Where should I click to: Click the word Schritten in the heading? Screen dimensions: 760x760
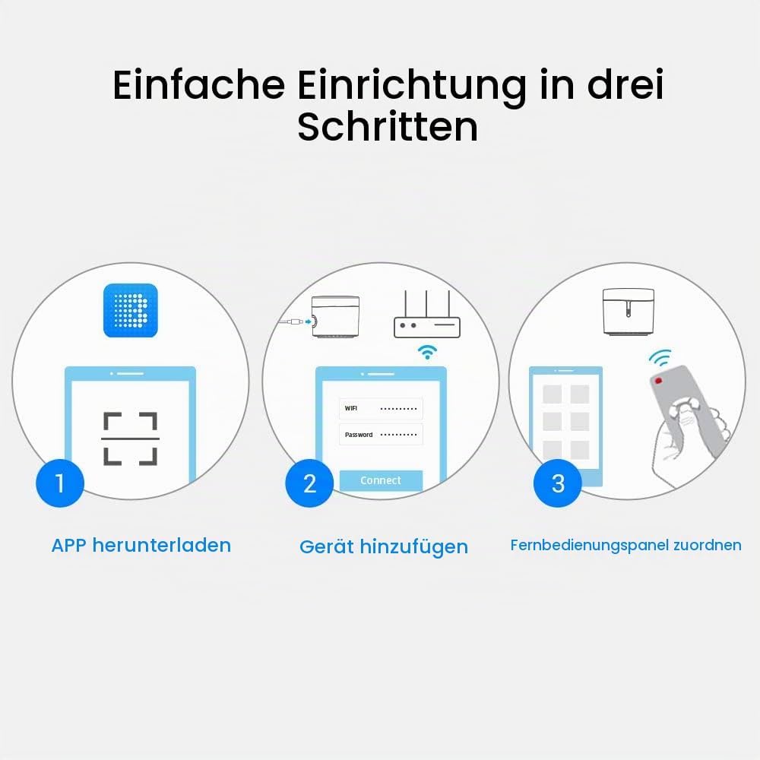click(x=388, y=127)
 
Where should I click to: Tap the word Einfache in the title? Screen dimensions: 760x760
click(x=198, y=85)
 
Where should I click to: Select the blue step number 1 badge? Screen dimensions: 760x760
click(x=60, y=483)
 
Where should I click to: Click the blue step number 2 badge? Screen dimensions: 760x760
click(x=310, y=483)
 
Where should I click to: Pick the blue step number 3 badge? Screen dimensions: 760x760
click(x=558, y=483)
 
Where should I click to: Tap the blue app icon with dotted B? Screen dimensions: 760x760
click(x=131, y=310)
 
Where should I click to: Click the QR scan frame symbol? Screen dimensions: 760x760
click(x=131, y=439)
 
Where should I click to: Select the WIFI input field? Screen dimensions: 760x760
click(x=381, y=409)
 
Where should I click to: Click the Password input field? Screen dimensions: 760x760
click(x=381, y=434)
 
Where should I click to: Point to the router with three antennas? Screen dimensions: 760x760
click(x=427, y=315)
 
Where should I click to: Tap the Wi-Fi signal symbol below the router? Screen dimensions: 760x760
click(x=427, y=352)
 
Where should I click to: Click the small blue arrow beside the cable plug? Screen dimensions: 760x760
click(x=309, y=321)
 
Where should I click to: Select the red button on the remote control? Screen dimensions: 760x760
click(x=659, y=381)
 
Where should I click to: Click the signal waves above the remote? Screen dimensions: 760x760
click(x=660, y=358)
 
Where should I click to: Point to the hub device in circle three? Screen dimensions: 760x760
click(x=629, y=311)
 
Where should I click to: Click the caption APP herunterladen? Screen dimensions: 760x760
click(x=141, y=546)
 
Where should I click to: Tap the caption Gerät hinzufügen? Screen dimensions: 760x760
click(x=384, y=546)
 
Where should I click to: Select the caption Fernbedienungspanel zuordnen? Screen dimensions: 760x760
click(x=625, y=545)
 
